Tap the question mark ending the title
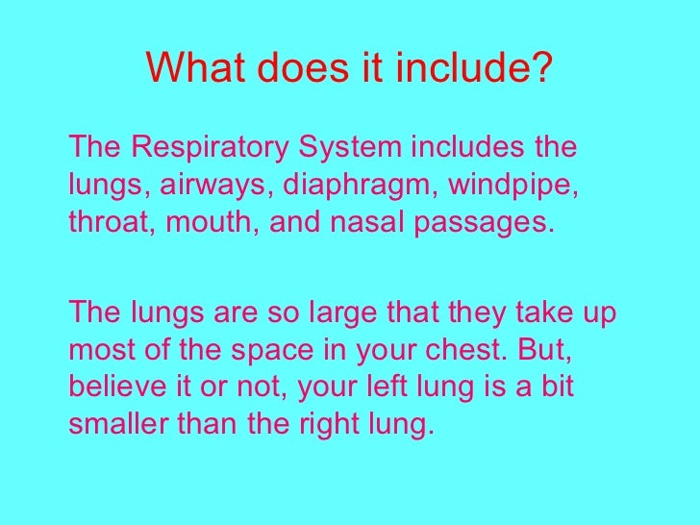pyautogui.click(x=544, y=67)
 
